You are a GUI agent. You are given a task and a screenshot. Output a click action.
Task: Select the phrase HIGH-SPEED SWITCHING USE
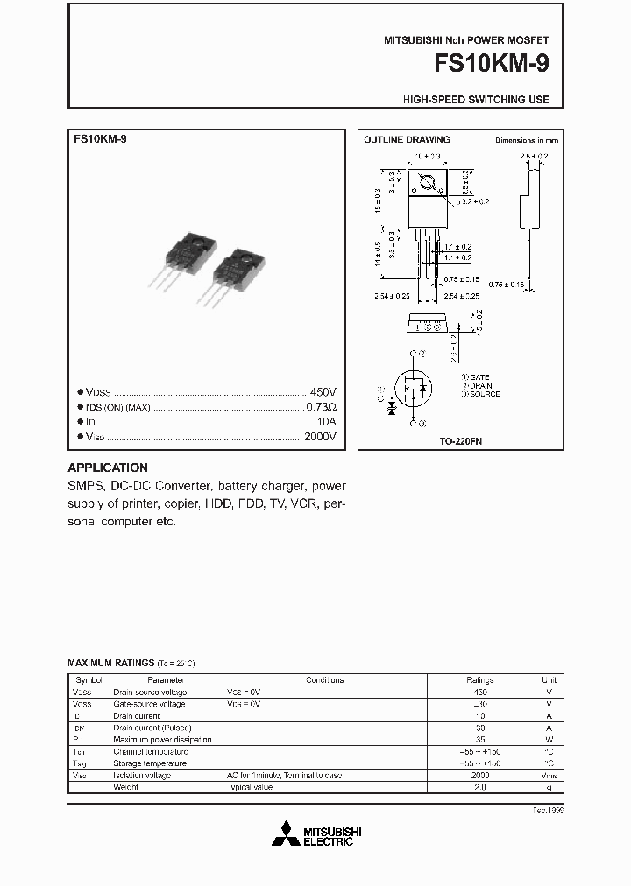click(x=476, y=100)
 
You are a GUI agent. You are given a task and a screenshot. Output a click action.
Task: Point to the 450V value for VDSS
click(x=323, y=392)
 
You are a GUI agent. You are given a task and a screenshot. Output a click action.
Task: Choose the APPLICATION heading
click(x=108, y=468)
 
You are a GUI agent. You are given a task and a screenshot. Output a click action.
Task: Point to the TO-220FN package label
click(x=461, y=442)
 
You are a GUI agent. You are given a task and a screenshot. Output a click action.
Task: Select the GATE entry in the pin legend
click(x=480, y=376)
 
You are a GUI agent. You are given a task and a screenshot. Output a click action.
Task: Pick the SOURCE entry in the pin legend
click(x=482, y=394)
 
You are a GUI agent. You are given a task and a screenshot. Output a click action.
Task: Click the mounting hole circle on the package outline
click(x=429, y=184)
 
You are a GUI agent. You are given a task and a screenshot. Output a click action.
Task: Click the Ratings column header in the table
click(x=480, y=679)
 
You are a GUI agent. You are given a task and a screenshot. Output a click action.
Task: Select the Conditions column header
click(x=324, y=679)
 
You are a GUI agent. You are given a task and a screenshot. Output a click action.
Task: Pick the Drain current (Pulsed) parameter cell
click(x=152, y=728)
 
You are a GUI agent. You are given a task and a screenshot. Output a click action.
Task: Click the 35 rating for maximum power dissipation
click(x=480, y=740)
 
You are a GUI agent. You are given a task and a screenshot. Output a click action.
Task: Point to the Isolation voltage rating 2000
click(x=480, y=776)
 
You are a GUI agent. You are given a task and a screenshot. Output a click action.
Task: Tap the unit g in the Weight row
click(x=549, y=787)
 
